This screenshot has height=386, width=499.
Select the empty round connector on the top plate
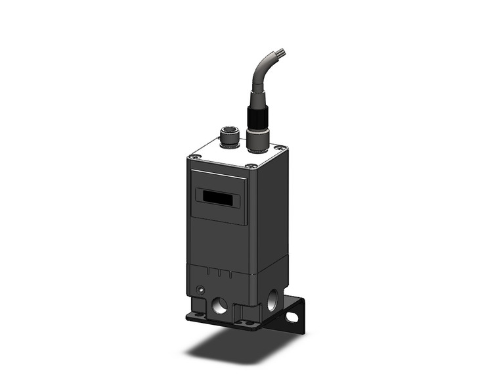228,140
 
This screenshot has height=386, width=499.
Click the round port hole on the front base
220,304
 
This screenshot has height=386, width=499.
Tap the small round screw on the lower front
201,290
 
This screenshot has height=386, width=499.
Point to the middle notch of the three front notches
217,272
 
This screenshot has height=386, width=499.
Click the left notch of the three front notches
209,271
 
